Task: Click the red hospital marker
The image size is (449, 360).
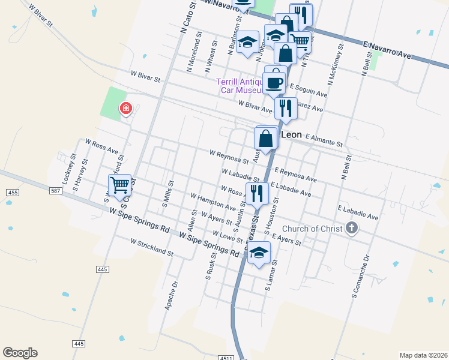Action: coord(126,109)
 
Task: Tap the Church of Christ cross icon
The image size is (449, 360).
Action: coord(352,227)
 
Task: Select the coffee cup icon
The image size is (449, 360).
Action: coord(274,83)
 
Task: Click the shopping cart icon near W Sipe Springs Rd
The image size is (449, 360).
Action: coord(119,184)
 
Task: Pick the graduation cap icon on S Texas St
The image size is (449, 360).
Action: coord(259,254)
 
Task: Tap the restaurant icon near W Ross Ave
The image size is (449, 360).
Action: coord(257,193)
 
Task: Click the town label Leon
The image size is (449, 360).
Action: coord(291,135)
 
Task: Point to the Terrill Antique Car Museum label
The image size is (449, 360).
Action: coord(240,86)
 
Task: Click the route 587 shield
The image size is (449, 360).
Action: coord(56,191)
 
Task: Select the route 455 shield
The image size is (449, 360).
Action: coord(12,192)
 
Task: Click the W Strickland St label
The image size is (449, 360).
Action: coord(152,247)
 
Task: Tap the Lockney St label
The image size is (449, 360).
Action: coord(67,171)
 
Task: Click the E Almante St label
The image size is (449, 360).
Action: coord(324,141)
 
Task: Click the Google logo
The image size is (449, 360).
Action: coord(20,353)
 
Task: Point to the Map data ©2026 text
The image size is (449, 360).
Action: coord(423,355)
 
